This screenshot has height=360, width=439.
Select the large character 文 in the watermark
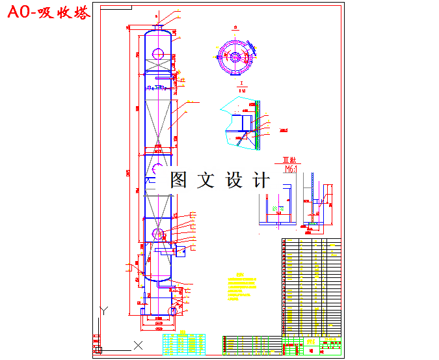click(207, 180)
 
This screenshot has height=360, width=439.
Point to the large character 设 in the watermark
click(234, 180)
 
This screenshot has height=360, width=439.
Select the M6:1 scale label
click(289, 169)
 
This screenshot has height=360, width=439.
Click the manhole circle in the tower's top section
click(157, 53)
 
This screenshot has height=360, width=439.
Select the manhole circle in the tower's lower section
click(158, 233)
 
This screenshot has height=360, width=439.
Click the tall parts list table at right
click(312, 286)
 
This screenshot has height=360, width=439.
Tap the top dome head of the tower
click(157, 33)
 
